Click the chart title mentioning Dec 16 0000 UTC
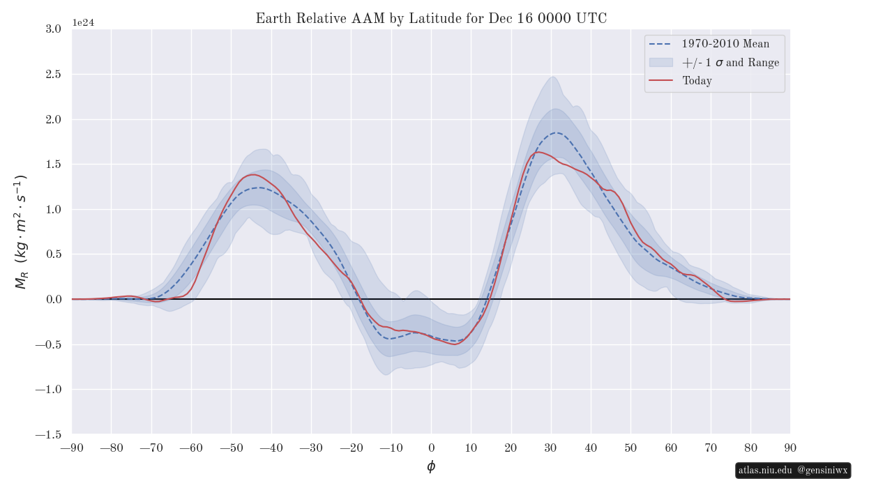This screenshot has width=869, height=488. (x=431, y=19)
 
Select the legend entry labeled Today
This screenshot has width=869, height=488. (x=697, y=81)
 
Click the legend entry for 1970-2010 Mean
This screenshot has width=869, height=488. (x=725, y=44)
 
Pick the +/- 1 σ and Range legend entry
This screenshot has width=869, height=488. (x=730, y=63)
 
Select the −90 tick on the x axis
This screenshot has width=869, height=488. (x=72, y=448)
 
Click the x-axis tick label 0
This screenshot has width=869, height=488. (x=431, y=448)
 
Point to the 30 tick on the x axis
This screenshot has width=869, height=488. (x=551, y=448)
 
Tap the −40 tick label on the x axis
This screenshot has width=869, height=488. (x=271, y=448)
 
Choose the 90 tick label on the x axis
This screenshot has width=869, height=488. (x=790, y=448)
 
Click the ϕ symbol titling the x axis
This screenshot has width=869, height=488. (x=431, y=467)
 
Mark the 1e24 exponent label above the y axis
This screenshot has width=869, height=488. (x=83, y=22)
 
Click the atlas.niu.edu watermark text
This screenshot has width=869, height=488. (x=765, y=471)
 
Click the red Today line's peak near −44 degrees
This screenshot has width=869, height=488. (x=252, y=174)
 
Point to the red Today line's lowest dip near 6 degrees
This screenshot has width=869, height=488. (x=455, y=344)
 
